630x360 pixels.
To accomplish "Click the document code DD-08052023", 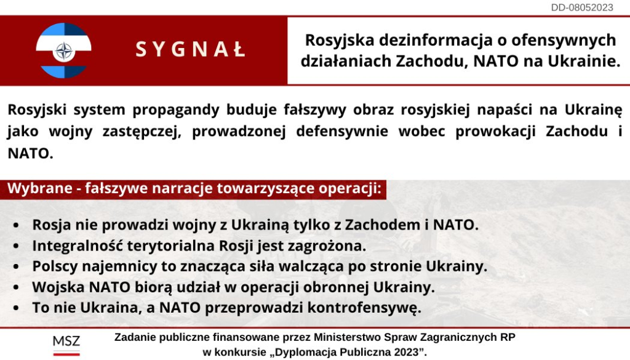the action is point(582,7).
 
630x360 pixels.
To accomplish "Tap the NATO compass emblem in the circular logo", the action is point(63,52).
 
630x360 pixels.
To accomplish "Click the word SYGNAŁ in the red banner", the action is point(191,49).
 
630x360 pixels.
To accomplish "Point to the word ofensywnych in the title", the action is point(564,40).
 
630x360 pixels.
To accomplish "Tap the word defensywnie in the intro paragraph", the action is point(342,131).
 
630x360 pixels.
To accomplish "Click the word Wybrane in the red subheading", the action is point(40,188).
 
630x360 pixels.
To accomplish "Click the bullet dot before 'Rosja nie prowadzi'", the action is point(16,225).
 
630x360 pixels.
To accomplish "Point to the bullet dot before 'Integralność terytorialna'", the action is point(16,246).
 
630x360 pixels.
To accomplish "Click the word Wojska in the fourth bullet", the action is point(58,287).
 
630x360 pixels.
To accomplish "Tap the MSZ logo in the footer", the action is point(66,345).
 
